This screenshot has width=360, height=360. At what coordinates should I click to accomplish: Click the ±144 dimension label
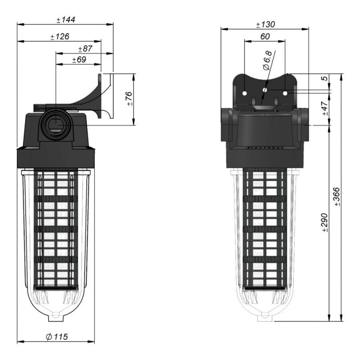pos(65,20)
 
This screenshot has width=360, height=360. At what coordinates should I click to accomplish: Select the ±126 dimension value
pos(59,36)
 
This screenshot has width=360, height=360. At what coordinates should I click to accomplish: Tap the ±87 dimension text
pos(85,49)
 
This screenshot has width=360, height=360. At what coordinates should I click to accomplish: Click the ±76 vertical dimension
pos(129,99)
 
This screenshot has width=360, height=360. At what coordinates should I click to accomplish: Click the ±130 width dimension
pos(265,24)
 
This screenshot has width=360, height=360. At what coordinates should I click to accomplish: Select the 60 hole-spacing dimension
pos(265,36)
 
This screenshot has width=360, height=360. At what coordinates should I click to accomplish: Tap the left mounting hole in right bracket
pos(245,93)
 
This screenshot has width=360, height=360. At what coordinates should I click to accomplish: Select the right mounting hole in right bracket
pos(284,93)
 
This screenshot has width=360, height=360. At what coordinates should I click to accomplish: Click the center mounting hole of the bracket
pos(265,90)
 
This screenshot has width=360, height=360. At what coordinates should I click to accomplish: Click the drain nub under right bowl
pos(265,318)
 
